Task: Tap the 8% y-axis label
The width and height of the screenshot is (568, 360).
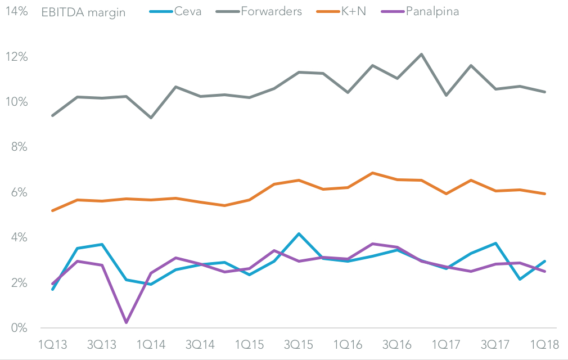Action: pyautogui.click(x=18, y=147)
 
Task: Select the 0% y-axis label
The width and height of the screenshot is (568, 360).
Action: pyautogui.click(x=18, y=328)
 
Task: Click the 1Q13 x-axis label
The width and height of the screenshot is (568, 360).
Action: pyautogui.click(x=52, y=344)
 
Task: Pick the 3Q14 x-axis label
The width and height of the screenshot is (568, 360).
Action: pyautogui.click(x=200, y=344)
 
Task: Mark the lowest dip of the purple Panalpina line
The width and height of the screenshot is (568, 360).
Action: pyautogui.click(x=127, y=322)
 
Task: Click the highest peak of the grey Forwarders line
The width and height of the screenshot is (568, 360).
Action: pyautogui.click(x=422, y=54)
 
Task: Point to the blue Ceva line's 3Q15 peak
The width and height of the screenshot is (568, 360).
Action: pyautogui.click(x=299, y=233)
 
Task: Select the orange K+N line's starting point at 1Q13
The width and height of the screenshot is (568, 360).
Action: pyautogui.click(x=52, y=211)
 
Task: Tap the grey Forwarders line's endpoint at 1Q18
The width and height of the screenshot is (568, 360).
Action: pyautogui.click(x=545, y=92)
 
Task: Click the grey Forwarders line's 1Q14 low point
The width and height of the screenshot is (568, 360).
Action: pyautogui.click(x=151, y=118)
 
